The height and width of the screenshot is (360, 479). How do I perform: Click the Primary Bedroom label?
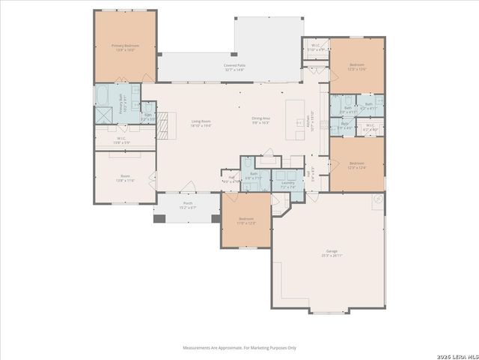125,47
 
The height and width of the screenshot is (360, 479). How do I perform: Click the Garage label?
331,253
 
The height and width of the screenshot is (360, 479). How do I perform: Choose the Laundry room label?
287,184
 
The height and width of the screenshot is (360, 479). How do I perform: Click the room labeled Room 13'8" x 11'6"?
124,178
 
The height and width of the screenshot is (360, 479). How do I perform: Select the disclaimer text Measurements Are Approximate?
239,348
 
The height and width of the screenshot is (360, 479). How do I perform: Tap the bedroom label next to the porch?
246,221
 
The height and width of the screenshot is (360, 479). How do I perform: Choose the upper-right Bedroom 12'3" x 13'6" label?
357,67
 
